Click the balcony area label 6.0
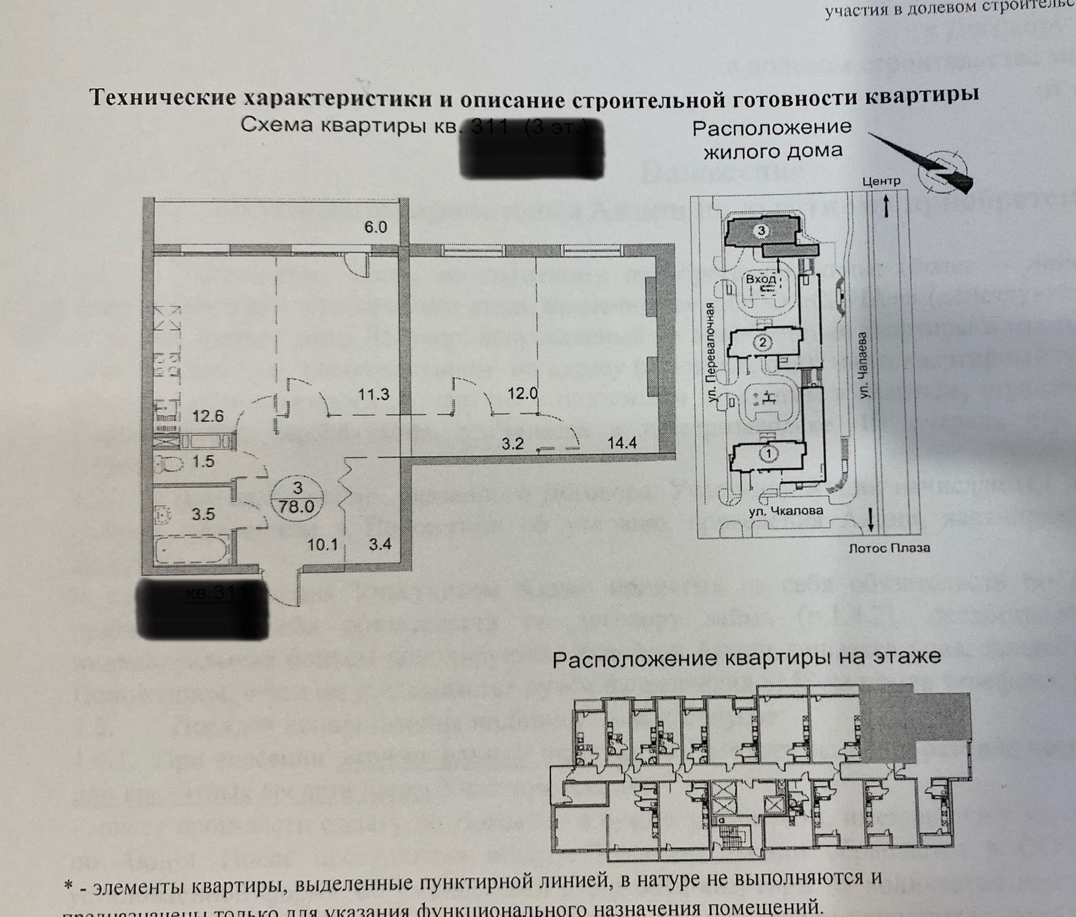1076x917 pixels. [375, 227]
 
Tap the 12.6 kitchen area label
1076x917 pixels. [208, 416]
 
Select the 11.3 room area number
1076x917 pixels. [373, 395]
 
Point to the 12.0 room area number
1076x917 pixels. [522, 393]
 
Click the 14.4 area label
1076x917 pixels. [622, 443]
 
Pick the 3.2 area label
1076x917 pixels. [512, 444]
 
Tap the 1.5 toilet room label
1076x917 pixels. [203, 461]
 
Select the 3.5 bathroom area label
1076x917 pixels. [203, 513]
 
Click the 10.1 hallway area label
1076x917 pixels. [322, 544]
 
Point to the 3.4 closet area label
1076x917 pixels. [380, 544]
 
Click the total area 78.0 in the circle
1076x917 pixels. [297, 506]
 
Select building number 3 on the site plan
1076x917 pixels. [760, 230]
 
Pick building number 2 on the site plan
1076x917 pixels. [762, 342]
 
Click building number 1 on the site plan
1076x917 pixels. [769, 452]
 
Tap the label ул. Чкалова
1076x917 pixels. [786, 511]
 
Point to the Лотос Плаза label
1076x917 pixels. [889, 548]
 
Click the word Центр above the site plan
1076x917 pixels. [881, 182]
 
